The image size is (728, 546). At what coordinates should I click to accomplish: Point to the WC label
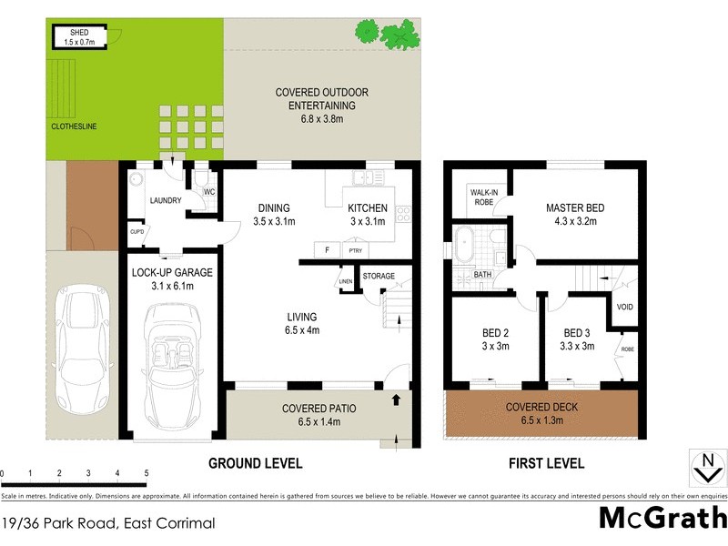pos(207,193)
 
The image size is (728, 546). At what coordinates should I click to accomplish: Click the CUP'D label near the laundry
pos(136,231)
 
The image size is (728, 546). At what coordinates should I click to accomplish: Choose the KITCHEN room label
pos(369,208)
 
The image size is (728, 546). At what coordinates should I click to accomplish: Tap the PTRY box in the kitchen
pos(353,250)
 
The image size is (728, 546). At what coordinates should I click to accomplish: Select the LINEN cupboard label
pos(346,281)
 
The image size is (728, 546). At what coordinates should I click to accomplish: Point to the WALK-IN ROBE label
pos(482,197)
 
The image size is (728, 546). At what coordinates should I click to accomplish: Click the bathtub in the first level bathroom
pos(465,245)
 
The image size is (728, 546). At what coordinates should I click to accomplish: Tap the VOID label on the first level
pos(624,307)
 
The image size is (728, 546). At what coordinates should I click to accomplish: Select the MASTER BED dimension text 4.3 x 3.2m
pos(574,221)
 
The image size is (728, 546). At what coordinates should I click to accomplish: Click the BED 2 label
pos(492,332)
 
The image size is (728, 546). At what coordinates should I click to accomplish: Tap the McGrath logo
pos(662,518)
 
